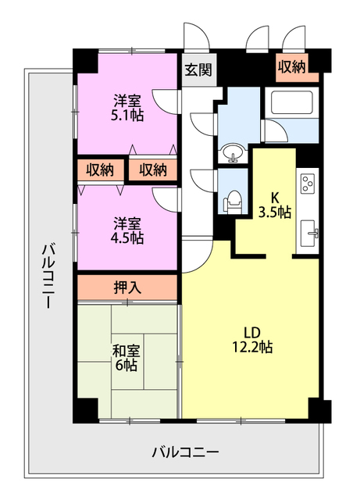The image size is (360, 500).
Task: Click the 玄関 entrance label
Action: [198, 70]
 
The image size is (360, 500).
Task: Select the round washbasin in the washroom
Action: [233, 153]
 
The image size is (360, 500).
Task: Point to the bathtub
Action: [291, 102]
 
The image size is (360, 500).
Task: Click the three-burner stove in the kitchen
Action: [308, 184]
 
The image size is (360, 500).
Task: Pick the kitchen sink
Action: [308, 233]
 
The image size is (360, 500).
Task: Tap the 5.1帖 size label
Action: [127, 116]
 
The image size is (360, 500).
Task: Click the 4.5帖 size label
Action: [127, 237]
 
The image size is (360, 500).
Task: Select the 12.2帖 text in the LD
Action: [251, 347]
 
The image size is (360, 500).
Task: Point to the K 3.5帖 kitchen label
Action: [275, 205]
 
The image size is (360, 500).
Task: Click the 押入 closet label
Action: [127, 287]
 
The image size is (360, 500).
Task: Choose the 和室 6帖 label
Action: [127, 358]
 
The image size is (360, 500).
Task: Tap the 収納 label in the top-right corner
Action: [292, 66]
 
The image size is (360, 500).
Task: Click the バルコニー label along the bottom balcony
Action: [185, 452]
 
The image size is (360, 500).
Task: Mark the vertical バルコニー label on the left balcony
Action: [47, 276]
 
